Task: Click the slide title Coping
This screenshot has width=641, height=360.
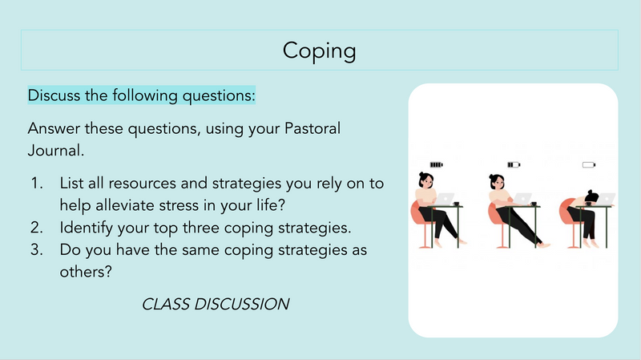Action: click(319, 51)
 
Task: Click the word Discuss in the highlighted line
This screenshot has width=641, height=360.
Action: click(54, 95)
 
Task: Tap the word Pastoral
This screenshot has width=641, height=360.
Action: click(312, 128)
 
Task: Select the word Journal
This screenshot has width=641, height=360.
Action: click(55, 151)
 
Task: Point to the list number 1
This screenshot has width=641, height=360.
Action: click(37, 184)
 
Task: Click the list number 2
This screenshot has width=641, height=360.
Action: click(37, 228)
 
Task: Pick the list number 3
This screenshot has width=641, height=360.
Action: click(37, 249)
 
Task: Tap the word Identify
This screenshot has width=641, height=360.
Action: click(87, 228)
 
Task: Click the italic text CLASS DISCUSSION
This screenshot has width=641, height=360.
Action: click(216, 304)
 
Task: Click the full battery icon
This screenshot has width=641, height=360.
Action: click(436, 165)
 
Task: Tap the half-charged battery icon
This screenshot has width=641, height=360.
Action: click(514, 165)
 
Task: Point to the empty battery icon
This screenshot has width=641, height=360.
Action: click(589, 165)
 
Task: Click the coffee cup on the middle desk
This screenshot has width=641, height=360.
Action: click(534, 204)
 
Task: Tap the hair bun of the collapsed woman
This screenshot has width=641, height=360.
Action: click(591, 192)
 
